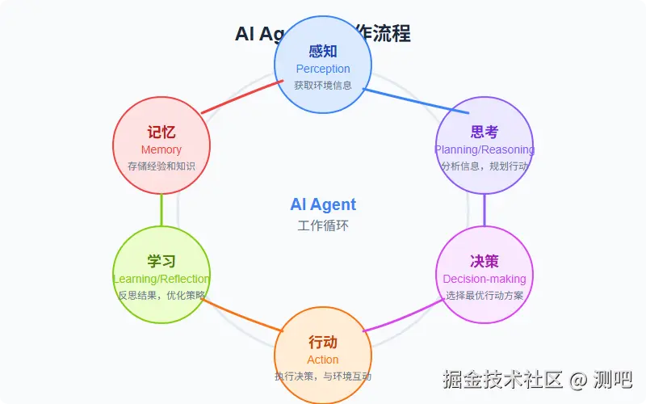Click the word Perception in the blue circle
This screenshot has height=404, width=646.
click(323, 69)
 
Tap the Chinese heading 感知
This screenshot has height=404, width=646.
click(323, 52)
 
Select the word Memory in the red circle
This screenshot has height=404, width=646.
click(161, 149)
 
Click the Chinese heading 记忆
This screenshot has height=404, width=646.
click(161, 133)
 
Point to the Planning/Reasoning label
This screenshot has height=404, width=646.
click(484, 149)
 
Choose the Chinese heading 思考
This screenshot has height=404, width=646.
click(484, 133)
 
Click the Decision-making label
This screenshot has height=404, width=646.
click(484, 279)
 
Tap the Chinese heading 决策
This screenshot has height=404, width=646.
click(484, 262)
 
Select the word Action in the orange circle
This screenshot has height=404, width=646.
click(323, 360)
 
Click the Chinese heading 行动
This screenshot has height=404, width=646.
click(323, 343)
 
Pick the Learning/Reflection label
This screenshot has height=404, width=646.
click(161, 279)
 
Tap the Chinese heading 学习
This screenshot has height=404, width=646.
click(161, 262)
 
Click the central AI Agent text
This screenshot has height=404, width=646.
click(323, 204)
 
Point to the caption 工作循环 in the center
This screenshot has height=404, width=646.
click(323, 225)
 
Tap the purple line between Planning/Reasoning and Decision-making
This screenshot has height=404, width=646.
click(484, 210)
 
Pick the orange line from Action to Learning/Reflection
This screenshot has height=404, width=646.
click(242, 315)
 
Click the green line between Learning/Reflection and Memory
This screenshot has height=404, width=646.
click(161, 210)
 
